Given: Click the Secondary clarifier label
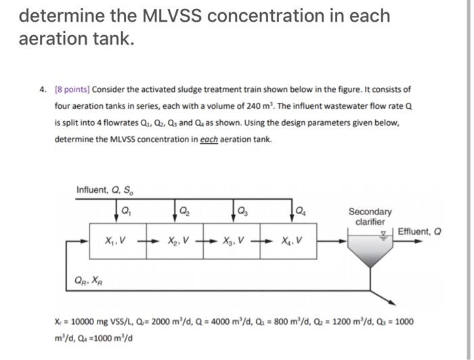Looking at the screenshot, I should point(370,217).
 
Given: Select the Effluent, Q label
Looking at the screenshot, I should point(420,231).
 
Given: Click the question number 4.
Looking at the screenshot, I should point(43,89).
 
